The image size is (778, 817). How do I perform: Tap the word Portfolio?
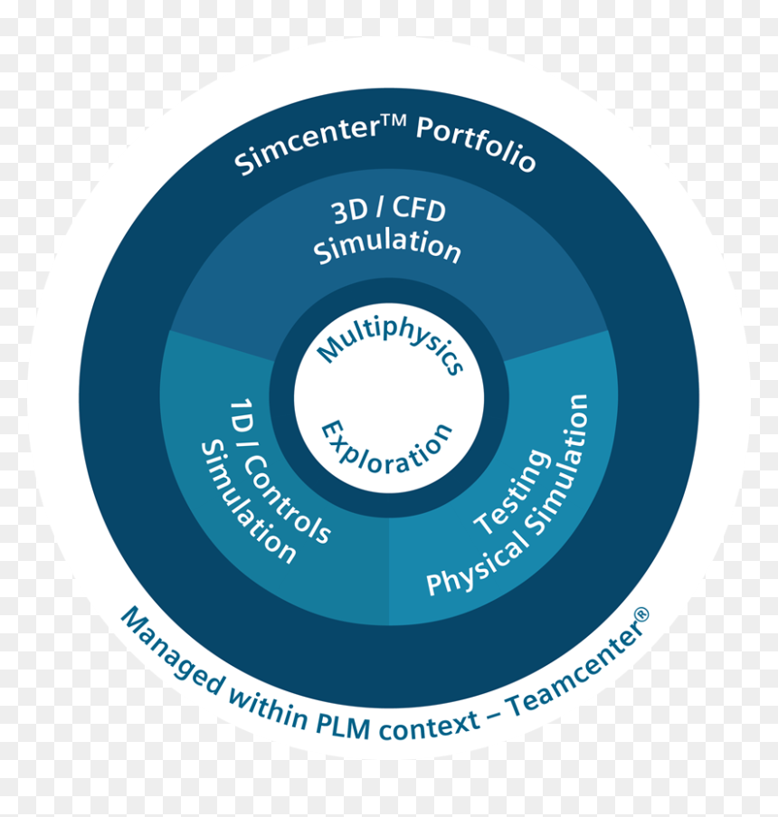pos(476,143)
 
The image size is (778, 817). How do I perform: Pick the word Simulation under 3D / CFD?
pos(387,246)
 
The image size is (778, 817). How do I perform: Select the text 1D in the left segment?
pos(242,415)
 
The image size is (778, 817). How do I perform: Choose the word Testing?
pos(513,491)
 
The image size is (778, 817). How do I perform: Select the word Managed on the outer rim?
pos(173,651)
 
